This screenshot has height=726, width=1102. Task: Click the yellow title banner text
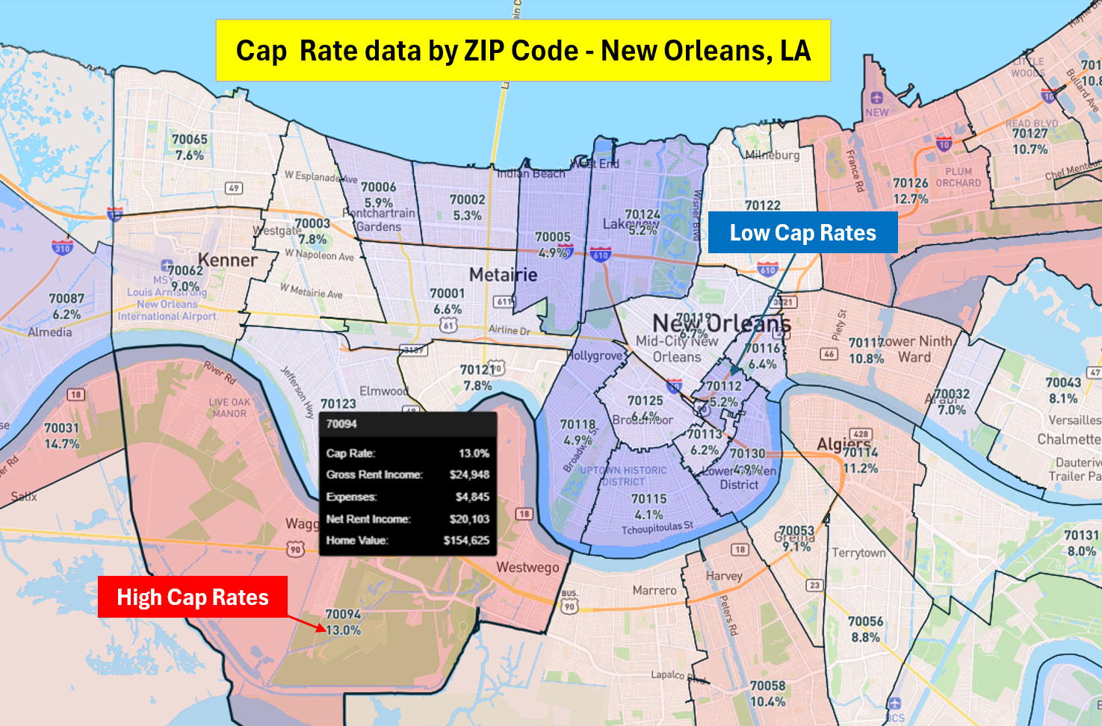523,51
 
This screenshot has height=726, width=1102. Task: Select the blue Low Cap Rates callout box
802,232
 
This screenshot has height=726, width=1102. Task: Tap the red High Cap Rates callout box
192,597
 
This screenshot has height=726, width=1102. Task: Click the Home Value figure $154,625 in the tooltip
466,540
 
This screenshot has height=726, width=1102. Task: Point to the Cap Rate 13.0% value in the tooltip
474,453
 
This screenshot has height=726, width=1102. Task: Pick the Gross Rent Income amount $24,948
469,474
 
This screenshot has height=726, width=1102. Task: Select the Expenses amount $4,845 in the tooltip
472,497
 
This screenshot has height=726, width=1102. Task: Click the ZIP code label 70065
190,140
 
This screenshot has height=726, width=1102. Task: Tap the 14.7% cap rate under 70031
61,444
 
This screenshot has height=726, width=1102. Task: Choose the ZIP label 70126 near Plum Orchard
911,183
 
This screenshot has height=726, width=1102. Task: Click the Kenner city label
227,260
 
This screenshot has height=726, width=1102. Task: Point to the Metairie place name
503,275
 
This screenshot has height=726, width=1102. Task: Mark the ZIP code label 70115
648,499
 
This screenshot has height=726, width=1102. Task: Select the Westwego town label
527,567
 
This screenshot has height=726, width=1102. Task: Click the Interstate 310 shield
62,248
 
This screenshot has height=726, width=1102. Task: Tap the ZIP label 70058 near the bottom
767,686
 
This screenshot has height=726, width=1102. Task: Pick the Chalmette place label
1068,439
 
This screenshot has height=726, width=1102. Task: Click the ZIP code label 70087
66,299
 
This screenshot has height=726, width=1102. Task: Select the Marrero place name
654,590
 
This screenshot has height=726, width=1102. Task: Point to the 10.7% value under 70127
1030,149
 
